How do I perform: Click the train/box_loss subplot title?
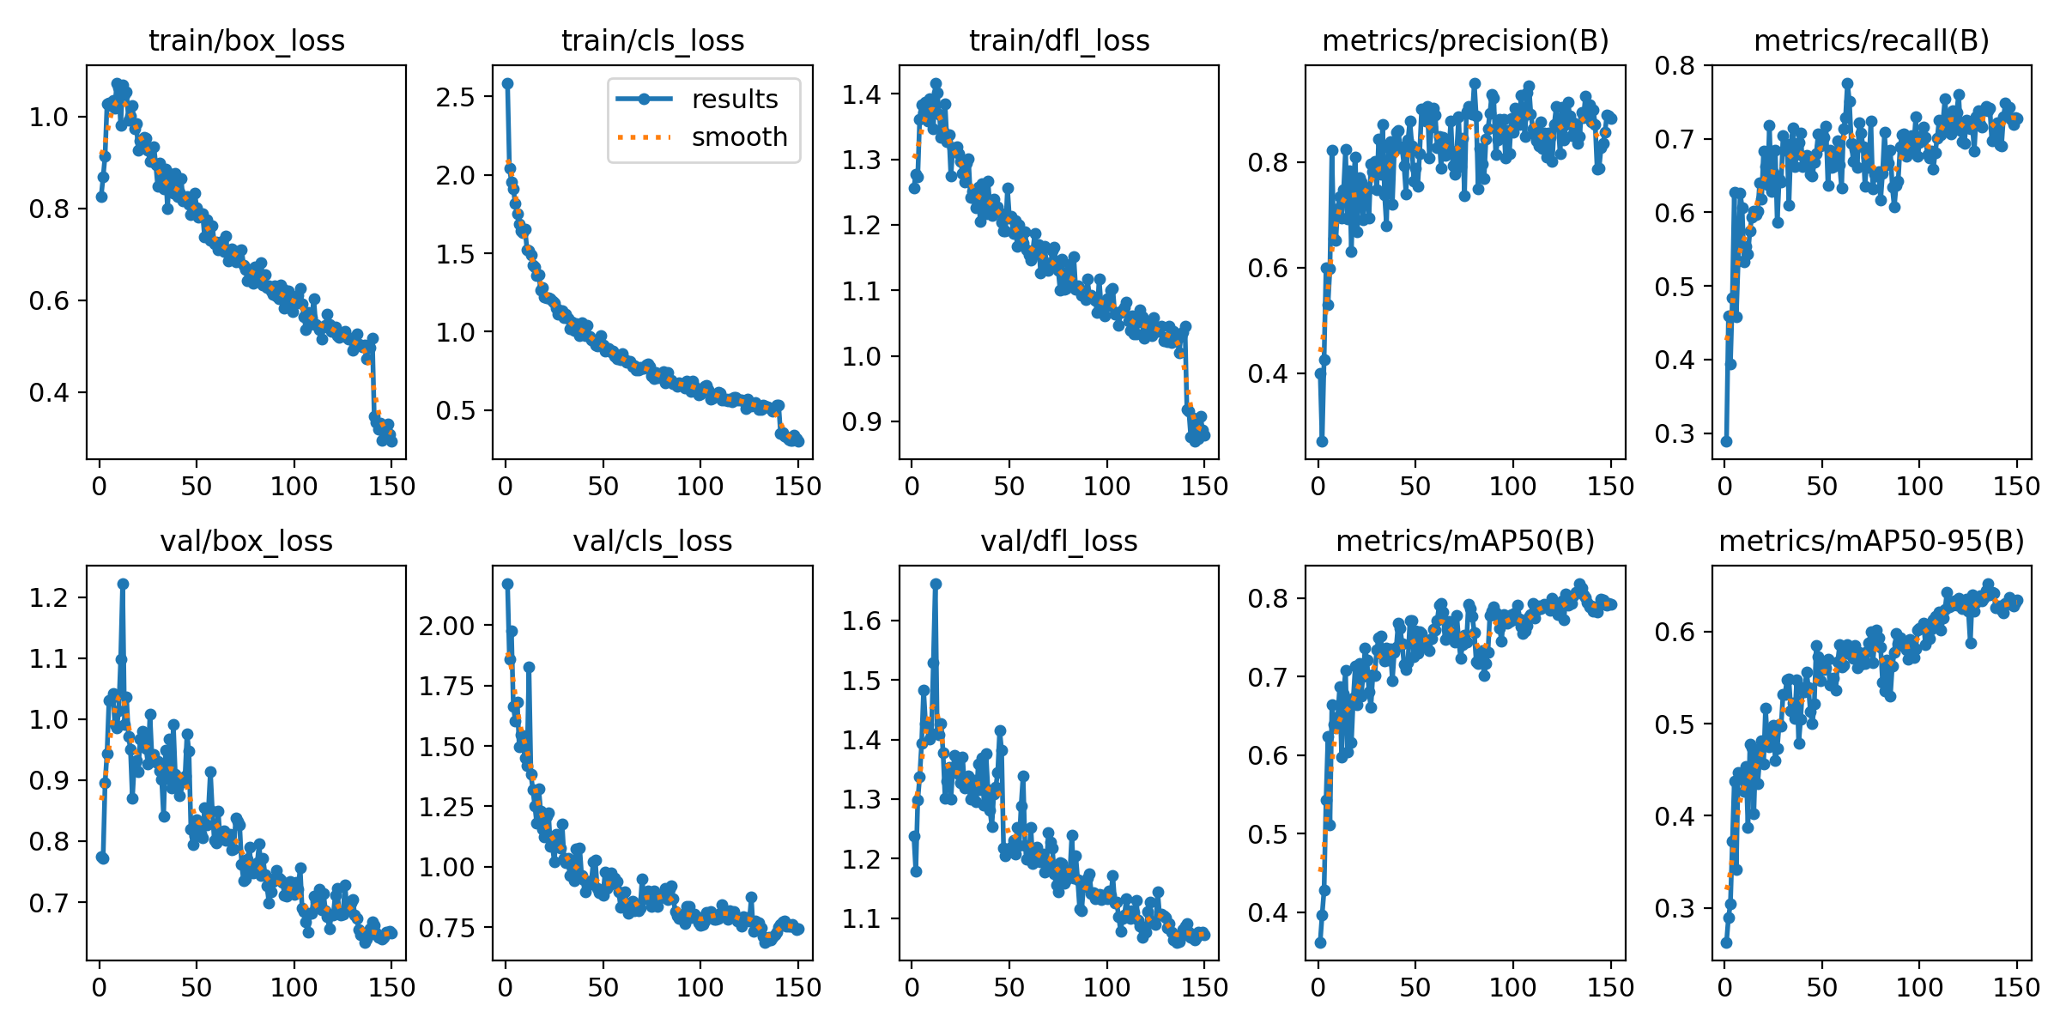point(246,40)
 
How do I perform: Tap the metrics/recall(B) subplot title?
point(1871,40)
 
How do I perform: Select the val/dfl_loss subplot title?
point(1059,541)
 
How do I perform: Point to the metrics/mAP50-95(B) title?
point(1871,541)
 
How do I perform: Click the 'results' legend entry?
point(735,99)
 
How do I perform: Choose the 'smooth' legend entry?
point(739,136)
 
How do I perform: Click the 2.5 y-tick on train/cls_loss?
point(455,97)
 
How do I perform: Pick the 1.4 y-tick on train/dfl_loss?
point(862,94)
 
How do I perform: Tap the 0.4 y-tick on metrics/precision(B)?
point(1268,373)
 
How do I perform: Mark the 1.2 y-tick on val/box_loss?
point(49,597)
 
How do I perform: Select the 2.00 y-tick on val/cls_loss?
point(445,626)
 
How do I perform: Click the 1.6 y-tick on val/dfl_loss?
point(862,621)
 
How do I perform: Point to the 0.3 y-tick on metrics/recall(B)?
point(1675,433)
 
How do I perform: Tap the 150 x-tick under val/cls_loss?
point(797,988)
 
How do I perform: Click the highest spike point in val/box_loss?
point(123,584)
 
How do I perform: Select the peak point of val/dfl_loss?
point(936,584)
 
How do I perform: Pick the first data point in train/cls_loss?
point(507,83)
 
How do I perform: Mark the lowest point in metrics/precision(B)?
point(1322,441)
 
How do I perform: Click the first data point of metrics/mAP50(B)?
point(1320,942)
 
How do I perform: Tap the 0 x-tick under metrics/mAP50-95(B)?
point(1724,988)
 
